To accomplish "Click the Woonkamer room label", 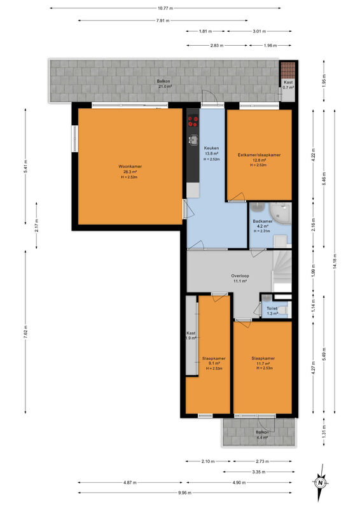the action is (130, 167).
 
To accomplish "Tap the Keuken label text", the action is (211, 148).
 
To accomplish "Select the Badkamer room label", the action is (263, 221).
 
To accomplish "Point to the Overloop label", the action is (240, 276).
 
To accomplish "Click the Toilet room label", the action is (272, 309).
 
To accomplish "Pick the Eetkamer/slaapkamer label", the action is (259, 155).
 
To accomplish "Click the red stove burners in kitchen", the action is (193, 122).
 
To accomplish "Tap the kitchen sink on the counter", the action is (193, 140).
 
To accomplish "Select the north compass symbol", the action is (321, 482).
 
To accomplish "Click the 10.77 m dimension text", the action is (165, 8).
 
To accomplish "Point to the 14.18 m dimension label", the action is (335, 261).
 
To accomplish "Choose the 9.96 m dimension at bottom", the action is (184, 492).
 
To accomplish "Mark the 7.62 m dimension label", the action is (25, 331).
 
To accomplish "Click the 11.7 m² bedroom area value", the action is (263, 363).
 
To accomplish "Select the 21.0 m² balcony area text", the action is (165, 87).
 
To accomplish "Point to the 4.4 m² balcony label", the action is (262, 437).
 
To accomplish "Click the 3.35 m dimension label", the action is (259, 471).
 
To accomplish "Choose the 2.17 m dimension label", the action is (37, 225).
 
